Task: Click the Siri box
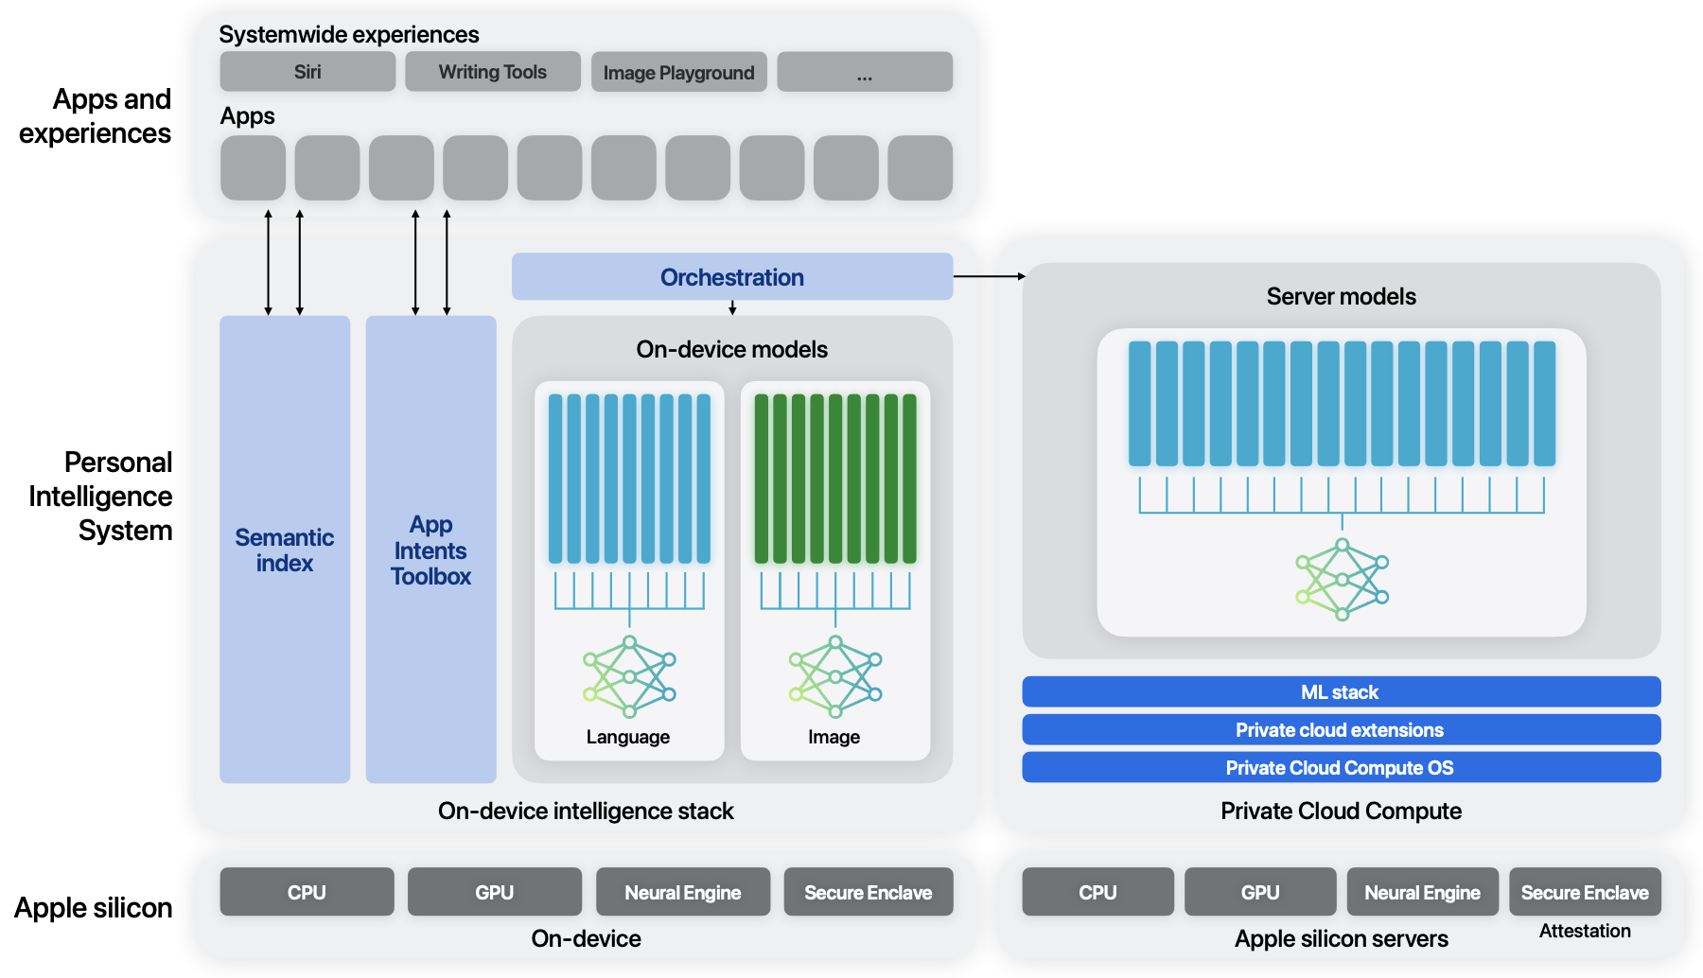coord(307,72)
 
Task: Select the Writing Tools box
coord(492,72)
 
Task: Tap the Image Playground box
coord(678,72)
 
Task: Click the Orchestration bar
coord(731,276)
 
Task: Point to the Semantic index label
coord(284,550)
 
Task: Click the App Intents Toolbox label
coord(430,550)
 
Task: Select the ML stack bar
coord(1341,691)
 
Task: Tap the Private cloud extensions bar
coord(1341,729)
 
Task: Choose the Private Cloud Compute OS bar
coord(1341,767)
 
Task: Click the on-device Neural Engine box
coord(682,892)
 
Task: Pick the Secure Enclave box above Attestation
coord(1584,892)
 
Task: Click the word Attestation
coord(1584,931)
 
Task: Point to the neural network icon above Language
coord(629,676)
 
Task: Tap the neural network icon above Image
coord(834,676)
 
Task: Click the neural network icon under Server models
coord(1342,579)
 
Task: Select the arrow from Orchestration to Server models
coord(989,276)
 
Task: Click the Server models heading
coord(1341,296)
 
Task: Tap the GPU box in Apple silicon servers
coord(1259,892)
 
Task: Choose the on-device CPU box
coord(307,892)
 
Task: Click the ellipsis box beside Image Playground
coord(864,72)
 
